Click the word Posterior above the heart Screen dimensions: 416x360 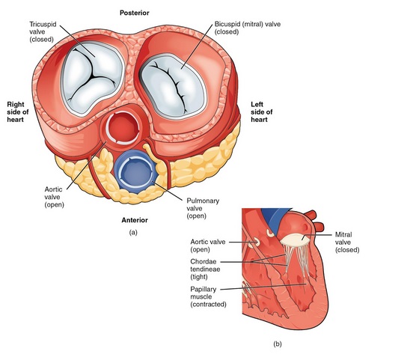[134, 13]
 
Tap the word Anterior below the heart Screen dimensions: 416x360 [135, 220]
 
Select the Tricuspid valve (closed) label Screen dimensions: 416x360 [43, 32]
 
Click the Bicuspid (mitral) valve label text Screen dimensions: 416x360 [247, 28]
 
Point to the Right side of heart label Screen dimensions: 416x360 [18, 112]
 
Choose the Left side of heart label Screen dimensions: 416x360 [262, 112]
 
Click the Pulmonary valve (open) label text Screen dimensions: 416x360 [203, 208]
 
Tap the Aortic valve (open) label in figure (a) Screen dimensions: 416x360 [54, 197]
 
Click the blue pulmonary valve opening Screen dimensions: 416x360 [136, 171]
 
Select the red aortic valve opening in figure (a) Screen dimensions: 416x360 [123, 128]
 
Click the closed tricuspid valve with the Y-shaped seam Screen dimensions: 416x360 [93, 79]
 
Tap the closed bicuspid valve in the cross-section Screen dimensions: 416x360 [173, 86]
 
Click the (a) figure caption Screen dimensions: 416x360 [133, 233]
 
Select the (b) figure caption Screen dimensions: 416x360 [278, 344]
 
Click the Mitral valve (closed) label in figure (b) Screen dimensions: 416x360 [347, 242]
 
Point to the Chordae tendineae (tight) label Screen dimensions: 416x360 [205, 269]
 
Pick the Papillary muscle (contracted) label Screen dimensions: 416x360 [208, 296]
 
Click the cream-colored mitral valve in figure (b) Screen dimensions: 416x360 [295, 240]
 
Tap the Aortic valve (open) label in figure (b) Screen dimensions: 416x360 [208, 245]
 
